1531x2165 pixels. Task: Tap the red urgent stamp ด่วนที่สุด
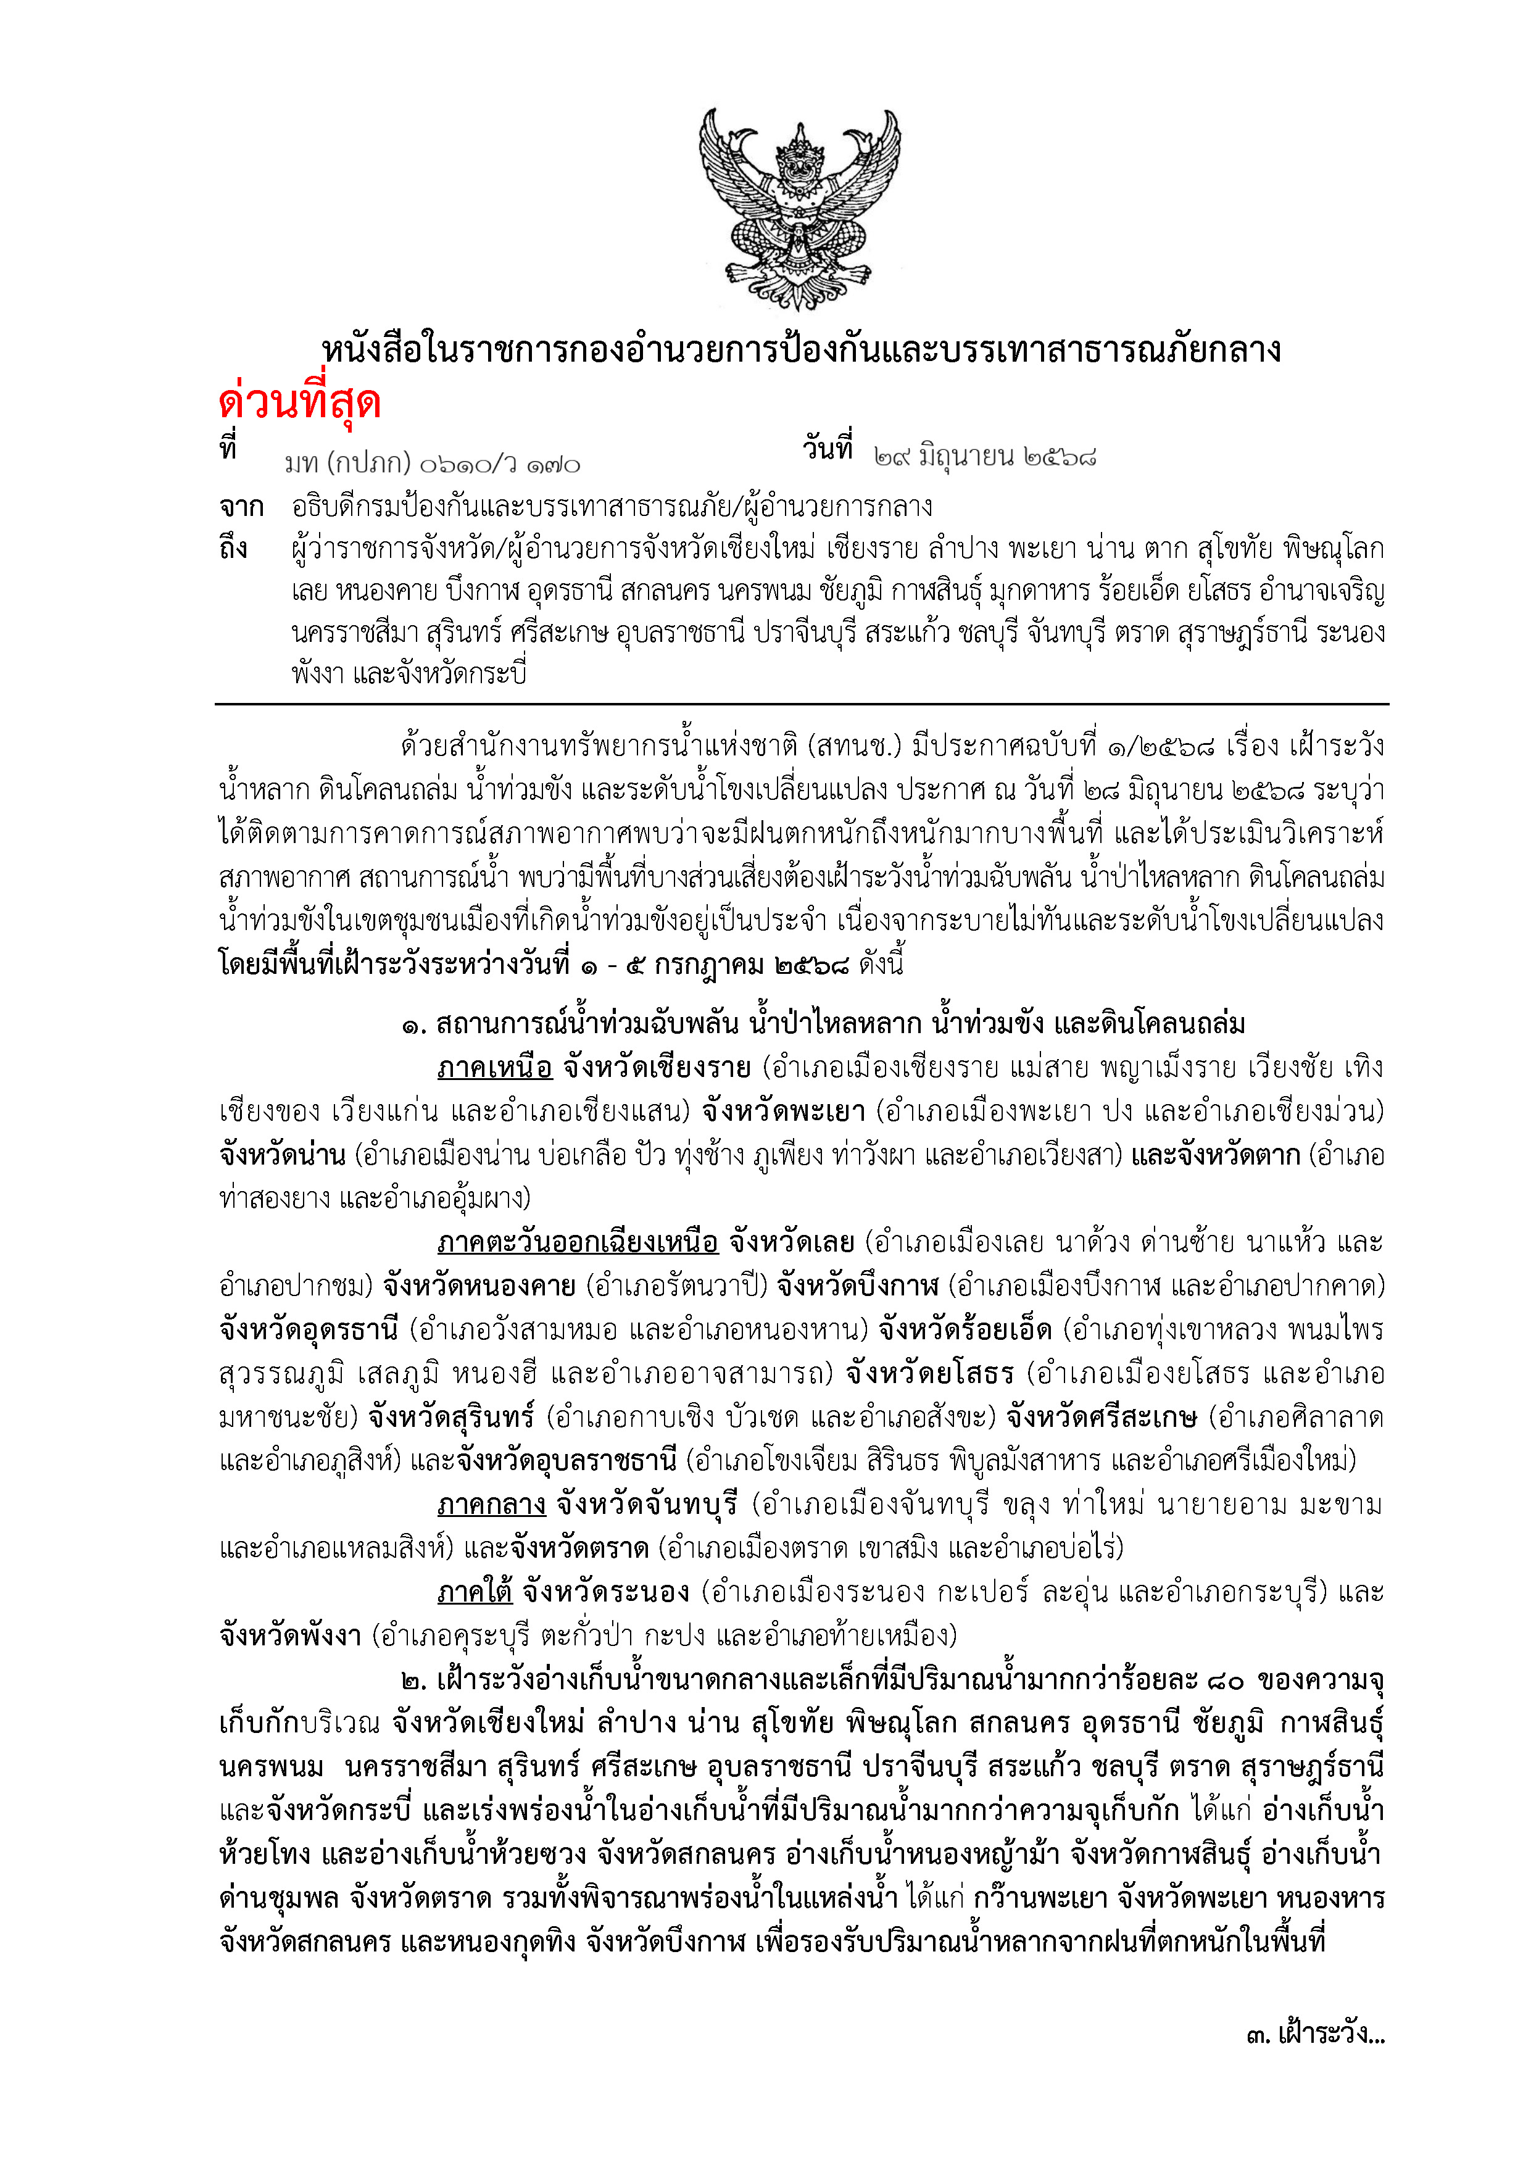[x=300, y=402]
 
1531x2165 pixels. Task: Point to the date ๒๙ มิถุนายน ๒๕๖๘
[x=985, y=457]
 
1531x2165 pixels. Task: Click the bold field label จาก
[x=241, y=507]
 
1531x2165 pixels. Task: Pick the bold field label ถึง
[x=234, y=548]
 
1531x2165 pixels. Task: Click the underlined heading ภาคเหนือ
[x=494, y=1068]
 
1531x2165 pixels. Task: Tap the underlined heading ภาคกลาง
[x=491, y=1504]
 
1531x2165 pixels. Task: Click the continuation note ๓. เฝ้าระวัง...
[x=1314, y=2034]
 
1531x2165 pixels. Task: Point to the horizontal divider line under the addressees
[x=802, y=704]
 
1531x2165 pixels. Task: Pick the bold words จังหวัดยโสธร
[x=929, y=1373]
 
